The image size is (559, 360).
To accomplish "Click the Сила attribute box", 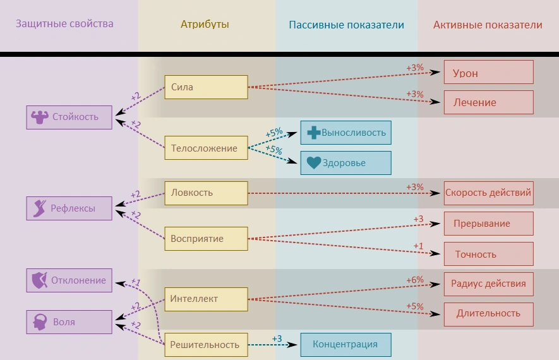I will [206, 87].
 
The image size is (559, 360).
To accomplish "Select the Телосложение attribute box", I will [206, 148].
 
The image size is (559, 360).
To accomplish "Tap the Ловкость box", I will [206, 193].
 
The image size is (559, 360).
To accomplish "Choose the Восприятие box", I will [206, 239].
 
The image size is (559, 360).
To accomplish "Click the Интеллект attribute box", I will [206, 299].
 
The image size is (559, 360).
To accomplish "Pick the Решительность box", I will [206, 344].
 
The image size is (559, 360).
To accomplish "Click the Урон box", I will [488, 73].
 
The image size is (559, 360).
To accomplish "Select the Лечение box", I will [488, 102].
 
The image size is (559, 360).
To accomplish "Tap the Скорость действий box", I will [488, 193].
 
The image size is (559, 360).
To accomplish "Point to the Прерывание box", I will [488, 224].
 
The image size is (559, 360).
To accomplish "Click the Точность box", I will [488, 254].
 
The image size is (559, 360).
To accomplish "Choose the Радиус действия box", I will [488, 284].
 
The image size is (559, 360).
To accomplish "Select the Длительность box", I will [488, 313].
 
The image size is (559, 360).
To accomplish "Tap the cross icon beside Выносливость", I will [313, 133].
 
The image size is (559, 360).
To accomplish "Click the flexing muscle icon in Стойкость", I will [40, 117].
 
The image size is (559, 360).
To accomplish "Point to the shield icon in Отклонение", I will [40, 280].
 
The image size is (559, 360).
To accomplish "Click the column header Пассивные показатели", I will [346, 25].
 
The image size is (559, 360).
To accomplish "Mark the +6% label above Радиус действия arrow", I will [414, 279].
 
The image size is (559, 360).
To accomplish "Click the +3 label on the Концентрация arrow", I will [277, 339].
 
